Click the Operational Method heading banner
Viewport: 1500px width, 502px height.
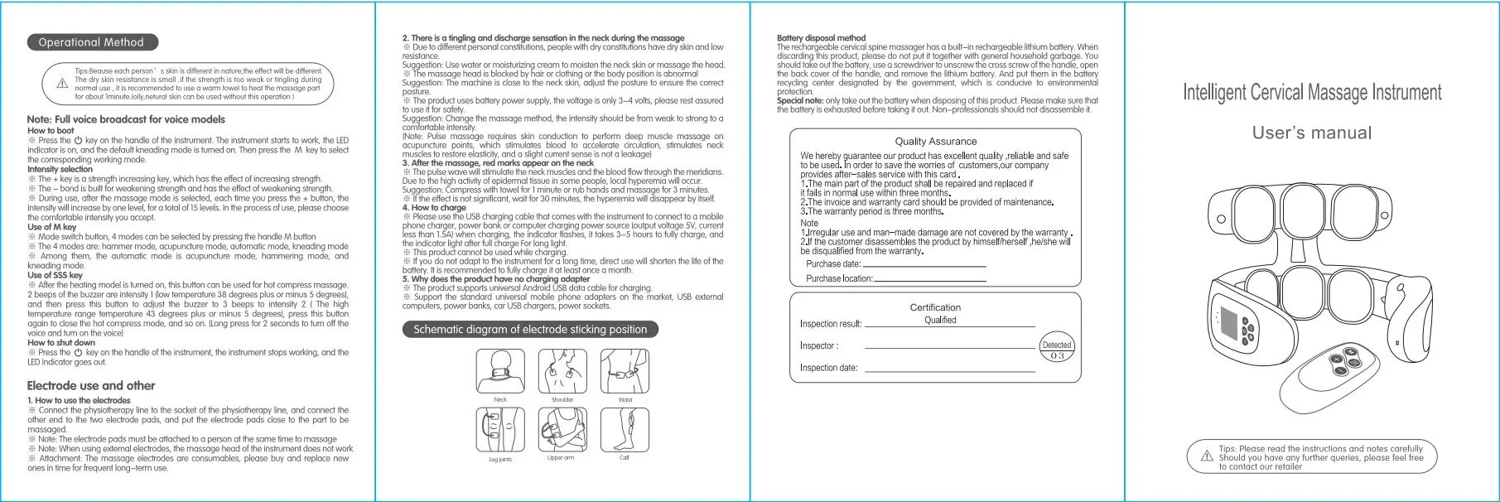(91, 42)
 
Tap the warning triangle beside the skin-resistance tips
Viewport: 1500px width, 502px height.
(62, 84)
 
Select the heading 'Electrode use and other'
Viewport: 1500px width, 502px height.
(91, 385)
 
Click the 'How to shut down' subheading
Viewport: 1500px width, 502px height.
(61, 342)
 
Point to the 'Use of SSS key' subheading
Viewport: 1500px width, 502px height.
(55, 275)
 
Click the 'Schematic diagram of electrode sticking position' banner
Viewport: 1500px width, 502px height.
(530, 329)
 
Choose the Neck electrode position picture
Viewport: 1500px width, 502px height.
(500, 371)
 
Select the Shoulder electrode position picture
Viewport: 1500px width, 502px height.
(562, 371)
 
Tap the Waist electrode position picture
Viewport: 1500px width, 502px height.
(625, 371)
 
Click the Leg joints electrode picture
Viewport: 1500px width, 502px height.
(500, 430)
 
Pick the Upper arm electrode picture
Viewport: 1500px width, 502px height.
(562, 430)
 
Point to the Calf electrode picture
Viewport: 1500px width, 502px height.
(625, 430)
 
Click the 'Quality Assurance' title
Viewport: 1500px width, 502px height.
(936, 142)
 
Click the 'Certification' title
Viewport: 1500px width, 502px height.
(935, 307)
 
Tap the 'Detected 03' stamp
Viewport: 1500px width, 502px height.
(1057, 350)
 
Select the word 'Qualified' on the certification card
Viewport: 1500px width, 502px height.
(940, 320)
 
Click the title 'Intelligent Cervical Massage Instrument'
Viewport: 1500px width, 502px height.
(1312, 92)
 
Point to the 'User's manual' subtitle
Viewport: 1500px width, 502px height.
(1312, 133)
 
